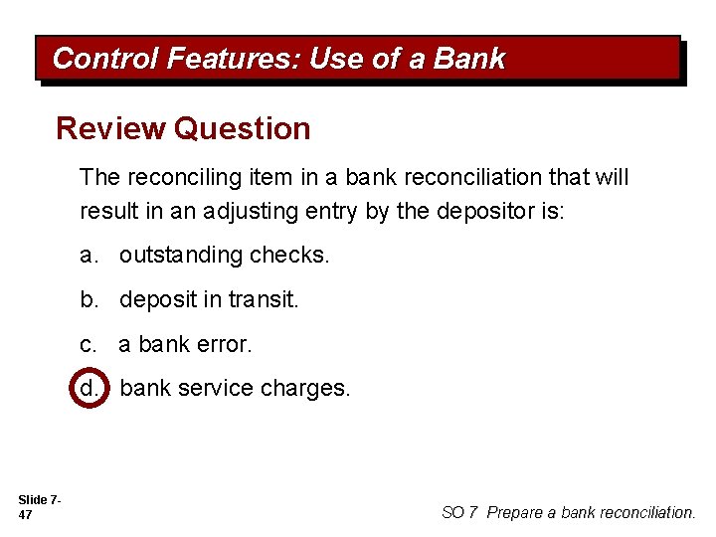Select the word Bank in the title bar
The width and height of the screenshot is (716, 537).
point(469,60)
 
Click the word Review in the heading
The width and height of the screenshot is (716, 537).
point(110,128)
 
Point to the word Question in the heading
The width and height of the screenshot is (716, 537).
point(242,128)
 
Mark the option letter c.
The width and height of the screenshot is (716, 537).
point(89,344)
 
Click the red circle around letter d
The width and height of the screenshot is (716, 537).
point(89,388)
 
